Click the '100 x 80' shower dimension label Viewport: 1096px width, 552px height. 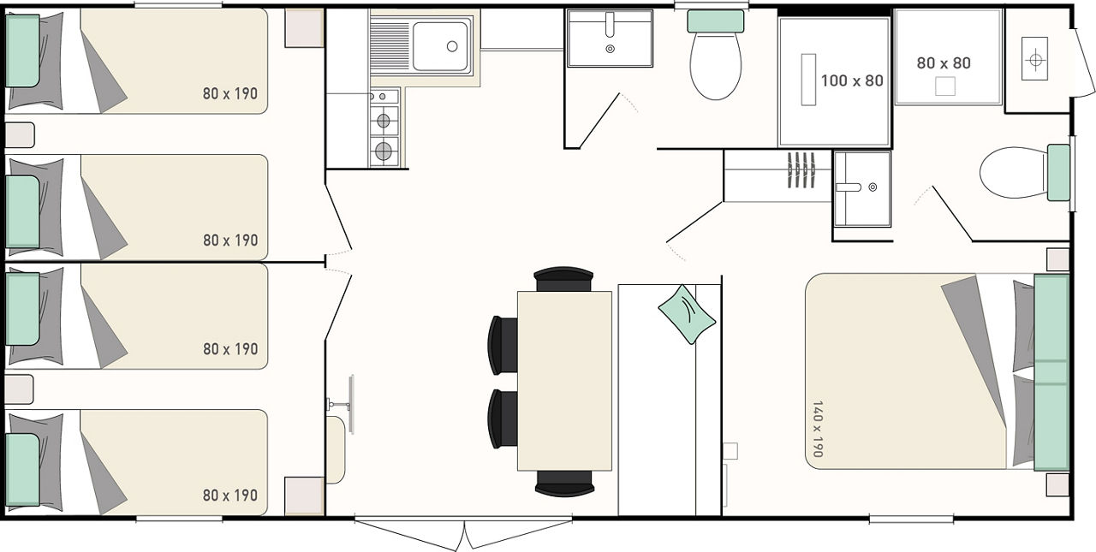[852, 80]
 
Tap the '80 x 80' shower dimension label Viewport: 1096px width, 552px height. [944, 63]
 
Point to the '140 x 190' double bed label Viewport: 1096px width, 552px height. [818, 429]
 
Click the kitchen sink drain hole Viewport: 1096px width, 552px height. [452, 46]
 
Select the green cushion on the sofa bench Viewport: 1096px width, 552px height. [687, 314]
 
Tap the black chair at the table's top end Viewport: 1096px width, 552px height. [563, 279]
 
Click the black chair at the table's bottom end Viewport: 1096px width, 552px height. [564, 483]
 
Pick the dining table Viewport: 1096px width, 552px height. [564, 381]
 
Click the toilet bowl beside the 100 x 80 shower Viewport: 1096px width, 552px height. [715, 66]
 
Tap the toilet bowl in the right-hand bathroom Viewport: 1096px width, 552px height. [1013, 173]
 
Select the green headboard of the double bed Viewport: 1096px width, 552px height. [1051, 372]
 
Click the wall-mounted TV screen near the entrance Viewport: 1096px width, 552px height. [351, 404]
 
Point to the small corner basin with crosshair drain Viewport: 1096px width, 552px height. [1035, 59]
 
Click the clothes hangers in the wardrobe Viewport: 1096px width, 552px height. [801, 170]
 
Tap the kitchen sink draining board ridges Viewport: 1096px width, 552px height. [390, 46]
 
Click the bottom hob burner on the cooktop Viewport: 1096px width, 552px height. [384, 151]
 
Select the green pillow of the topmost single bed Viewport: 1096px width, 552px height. [22, 50]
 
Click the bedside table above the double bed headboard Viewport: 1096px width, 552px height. [1057, 259]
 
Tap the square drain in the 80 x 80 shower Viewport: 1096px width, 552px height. [945, 86]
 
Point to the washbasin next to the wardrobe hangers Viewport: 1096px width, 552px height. [862, 189]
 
